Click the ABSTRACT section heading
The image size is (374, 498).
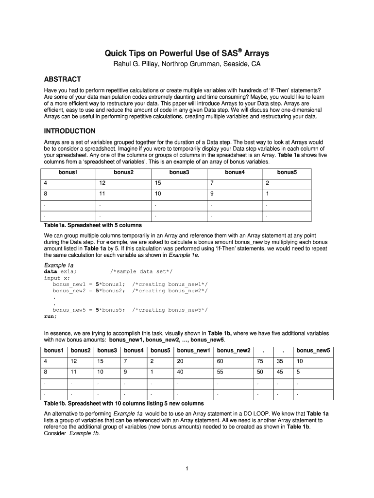pos(62,79)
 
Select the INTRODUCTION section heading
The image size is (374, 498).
pos(69,131)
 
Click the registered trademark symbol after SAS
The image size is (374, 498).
pos(240,49)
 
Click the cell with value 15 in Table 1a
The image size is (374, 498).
pos(158,183)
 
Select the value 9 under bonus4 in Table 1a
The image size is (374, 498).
pos(212,194)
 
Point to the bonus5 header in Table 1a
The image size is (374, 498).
pos(287,172)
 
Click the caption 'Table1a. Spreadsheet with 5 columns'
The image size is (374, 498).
pos(93,225)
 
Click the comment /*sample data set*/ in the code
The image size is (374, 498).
pos(141,271)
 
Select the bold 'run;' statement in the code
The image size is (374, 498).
pos(51,316)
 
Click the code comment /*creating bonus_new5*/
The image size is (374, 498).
pos(170,309)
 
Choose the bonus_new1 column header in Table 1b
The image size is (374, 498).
pos(193,351)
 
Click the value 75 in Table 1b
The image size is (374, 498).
pos(260,361)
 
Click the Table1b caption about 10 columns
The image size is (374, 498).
pos(124,404)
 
